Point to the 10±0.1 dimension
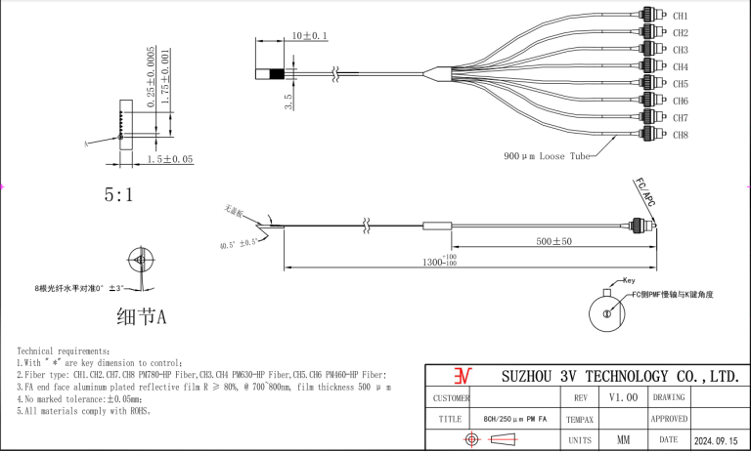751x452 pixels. click(x=310, y=36)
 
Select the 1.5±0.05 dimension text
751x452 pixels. click(x=170, y=158)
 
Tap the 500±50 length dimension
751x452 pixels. click(x=554, y=241)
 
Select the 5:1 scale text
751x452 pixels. click(x=119, y=195)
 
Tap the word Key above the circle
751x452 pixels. click(x=628, y=280)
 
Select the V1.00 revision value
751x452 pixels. click(x=622, y=397)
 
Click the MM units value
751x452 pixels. click(x=622, y=440)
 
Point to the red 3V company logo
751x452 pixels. click(x=463, y=376)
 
